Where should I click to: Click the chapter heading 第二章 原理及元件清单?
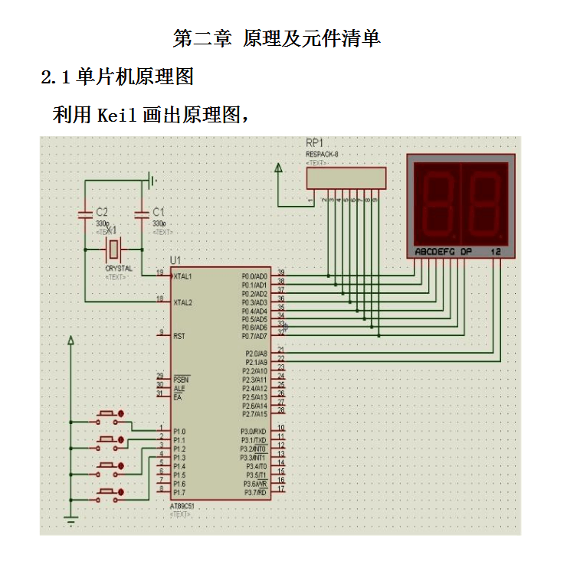pos(277,38)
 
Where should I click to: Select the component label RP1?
pos(314,143)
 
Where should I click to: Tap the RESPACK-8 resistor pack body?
pos(346,178)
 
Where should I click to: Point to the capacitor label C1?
pos(159,211)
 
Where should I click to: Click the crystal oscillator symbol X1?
pos(113,249)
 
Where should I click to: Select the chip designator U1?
pos(175,261)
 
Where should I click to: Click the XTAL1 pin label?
pos(183,276)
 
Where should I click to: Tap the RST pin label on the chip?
pos(179,336)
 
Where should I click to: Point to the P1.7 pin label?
pos(179,492)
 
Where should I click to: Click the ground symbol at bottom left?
pos(71,523)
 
